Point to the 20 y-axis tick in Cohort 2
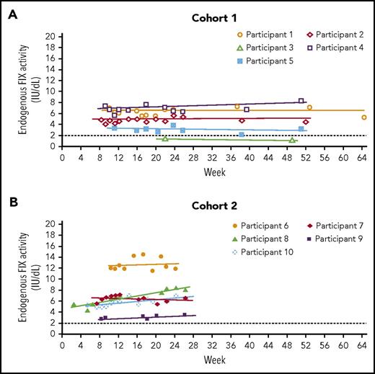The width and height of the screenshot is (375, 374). [x=53, y=223]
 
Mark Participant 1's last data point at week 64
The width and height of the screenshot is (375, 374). [x=364, y=117]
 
